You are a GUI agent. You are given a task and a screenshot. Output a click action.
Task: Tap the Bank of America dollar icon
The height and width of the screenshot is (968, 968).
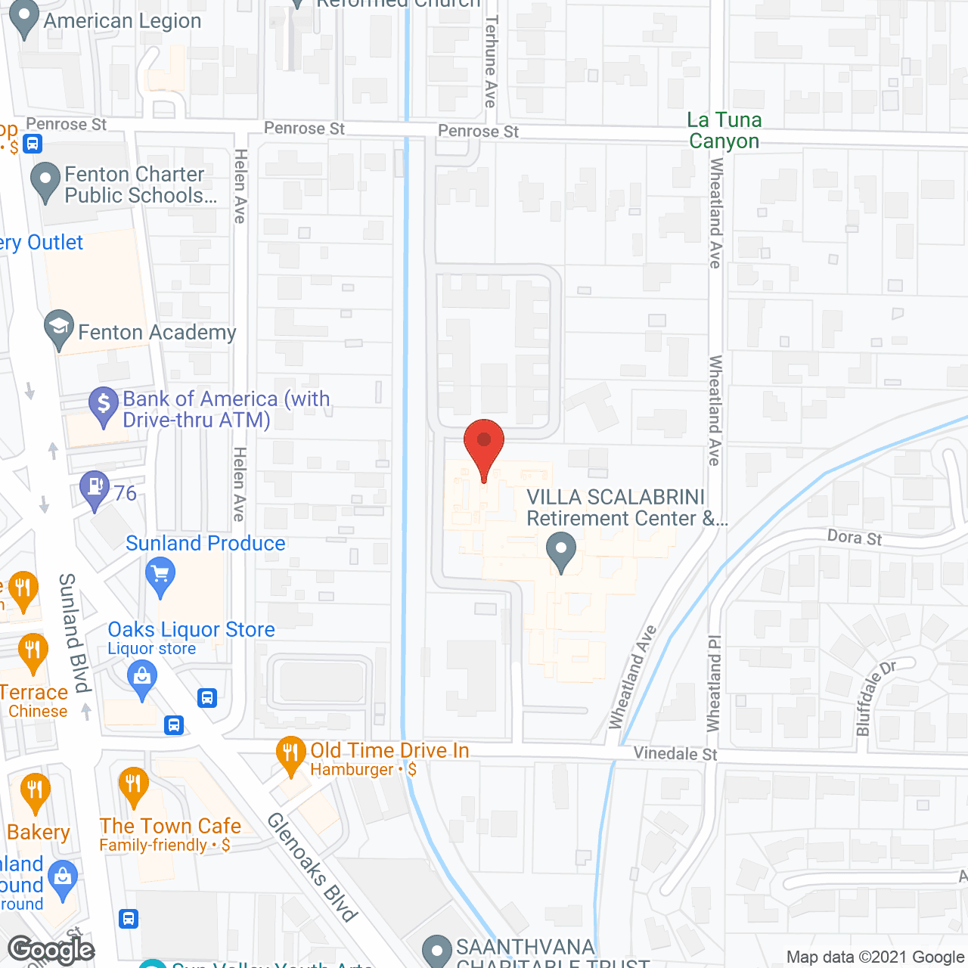coord(104,405)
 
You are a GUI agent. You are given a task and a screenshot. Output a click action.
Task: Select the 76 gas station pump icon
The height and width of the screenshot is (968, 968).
coord(95,489)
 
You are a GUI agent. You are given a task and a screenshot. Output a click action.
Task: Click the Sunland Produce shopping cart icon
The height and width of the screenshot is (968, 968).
coord(160,576)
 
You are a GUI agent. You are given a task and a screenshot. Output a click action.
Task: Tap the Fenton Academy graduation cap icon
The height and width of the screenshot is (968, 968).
coord(59,329)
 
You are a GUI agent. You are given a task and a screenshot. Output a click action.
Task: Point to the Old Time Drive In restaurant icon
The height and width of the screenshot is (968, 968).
coord(291,755)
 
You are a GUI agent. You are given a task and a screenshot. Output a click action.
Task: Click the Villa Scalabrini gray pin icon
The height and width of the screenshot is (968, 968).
coord(561,551)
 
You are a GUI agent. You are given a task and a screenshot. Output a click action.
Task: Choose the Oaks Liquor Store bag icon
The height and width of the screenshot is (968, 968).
coord(142,678)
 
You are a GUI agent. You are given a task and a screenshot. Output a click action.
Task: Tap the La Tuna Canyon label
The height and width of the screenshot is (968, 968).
coord(724,130)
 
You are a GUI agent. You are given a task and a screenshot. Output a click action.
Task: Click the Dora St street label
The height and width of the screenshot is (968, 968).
coord(855,538)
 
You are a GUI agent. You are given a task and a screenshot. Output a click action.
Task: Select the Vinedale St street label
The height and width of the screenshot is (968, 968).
coord(675,753)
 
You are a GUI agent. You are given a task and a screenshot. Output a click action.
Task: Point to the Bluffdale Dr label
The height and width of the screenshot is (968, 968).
coord(873,697)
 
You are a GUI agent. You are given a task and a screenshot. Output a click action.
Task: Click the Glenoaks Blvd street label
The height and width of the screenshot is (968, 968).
coord(312,867)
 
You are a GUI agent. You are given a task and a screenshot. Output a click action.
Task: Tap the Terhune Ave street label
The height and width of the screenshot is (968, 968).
coord(491,62)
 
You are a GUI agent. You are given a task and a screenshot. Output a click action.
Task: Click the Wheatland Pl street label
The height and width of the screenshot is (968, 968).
coord(714,684)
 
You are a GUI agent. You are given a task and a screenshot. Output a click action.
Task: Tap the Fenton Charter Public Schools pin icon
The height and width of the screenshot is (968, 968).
coord(45,181)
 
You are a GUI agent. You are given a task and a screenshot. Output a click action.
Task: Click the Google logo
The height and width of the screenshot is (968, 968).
coord(51,950)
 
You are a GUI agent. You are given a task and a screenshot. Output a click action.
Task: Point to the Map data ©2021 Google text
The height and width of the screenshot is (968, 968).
coord(876,957)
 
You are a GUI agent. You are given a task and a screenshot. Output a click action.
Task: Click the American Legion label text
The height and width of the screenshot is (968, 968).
coord(123,21)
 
